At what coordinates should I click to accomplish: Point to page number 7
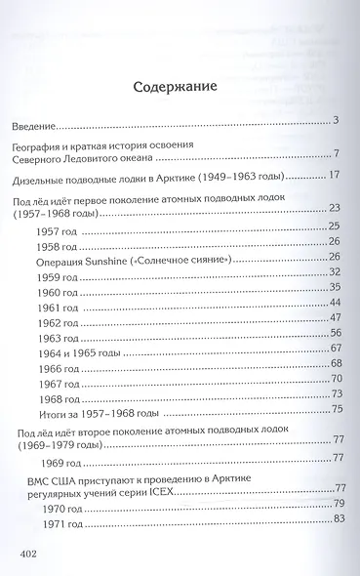pos(335,153)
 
